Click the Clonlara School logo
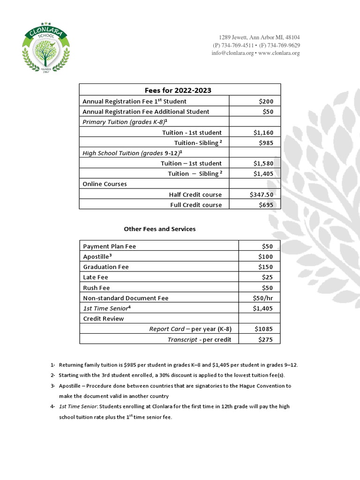coord(46,47)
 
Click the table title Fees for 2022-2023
coord(180,90)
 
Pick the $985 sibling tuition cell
coord(265,143)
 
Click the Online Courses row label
coord(105,184)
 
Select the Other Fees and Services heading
coord(159,229)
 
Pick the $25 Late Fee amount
coord(268,277)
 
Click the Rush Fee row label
coord(96,288)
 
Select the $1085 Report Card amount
coord(263,329)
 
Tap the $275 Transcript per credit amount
coord(265,339)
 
